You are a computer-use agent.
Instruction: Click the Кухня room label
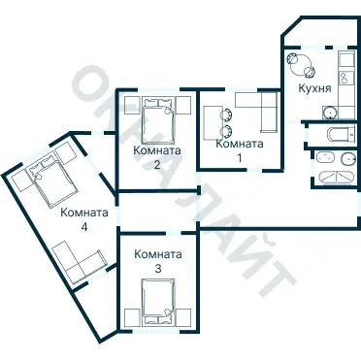coord(314,88)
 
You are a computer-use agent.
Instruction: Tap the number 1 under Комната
coord(240,158)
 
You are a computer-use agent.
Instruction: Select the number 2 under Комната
coord(157,165)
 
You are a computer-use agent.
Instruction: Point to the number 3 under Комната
coord(158,269)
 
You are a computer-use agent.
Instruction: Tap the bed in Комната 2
coord(158,121)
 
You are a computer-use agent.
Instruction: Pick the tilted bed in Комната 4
coord(52,180)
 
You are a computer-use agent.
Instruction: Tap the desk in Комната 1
coord(213,121)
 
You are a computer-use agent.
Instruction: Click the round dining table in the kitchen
coord(301,64)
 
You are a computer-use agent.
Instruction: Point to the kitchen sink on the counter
coord(343,78)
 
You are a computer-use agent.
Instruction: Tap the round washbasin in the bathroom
coord(347,158)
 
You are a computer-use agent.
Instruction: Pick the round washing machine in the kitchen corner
coord(330,113)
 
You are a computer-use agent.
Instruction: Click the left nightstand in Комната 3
coord(132,317)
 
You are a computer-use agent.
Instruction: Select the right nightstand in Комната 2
coord(183,105)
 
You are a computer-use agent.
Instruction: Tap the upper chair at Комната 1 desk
coord(226,114)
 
